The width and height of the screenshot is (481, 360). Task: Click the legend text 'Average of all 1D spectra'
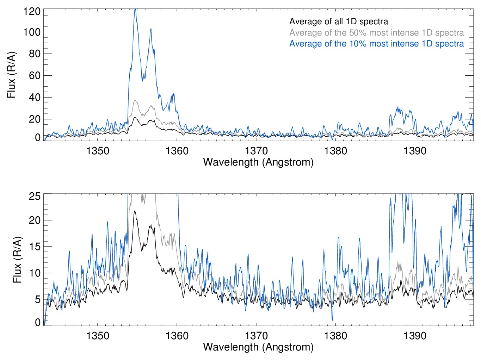pos(338,21)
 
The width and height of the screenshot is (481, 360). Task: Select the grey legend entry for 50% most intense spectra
pos(376,33)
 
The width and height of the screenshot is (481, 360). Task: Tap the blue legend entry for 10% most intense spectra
pos(376,44)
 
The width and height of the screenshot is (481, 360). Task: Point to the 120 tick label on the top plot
pos(32,11)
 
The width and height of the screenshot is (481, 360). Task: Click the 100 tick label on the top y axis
pos(32,32)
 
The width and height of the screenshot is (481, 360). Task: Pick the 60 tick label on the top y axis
pos(35,75)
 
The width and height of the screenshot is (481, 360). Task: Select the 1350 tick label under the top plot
pos(98,151)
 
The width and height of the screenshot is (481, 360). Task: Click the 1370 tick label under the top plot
pos(256,151)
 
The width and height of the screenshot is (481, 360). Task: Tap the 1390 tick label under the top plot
pos(415,151)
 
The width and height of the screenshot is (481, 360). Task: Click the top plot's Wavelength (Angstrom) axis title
pos(258,162)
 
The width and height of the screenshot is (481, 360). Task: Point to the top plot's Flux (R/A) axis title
pos(11,75)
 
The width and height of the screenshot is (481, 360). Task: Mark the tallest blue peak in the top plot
pos(135,10)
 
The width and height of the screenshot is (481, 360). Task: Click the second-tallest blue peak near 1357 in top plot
pos(151,29)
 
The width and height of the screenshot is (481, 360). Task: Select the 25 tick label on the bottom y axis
pos(35,196)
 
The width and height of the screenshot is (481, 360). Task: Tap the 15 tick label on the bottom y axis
pos(35,247)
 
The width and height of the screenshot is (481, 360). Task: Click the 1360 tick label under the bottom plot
pos(177,336)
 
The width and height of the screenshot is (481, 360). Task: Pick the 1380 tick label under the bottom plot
pos(335,336)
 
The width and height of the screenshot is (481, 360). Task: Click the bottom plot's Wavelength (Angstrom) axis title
pos(258,347)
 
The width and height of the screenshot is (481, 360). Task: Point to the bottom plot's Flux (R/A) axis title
pos(17,260)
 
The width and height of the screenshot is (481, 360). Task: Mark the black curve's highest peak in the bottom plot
pos(134,211)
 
